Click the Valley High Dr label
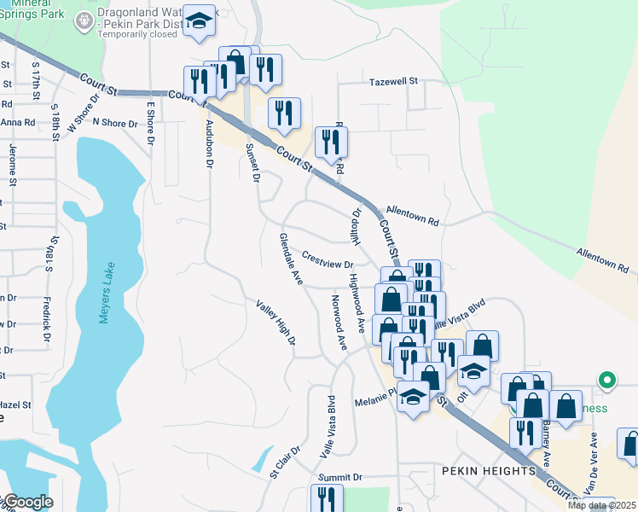tap(276, 322)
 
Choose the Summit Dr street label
tap(340, 477)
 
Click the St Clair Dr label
tap(287, 461)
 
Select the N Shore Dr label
tap(115, 124)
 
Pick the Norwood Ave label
tap(339, 323)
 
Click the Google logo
tap(27, 502)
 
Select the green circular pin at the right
tap(606, 380)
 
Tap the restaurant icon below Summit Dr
tap(326, 497)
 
